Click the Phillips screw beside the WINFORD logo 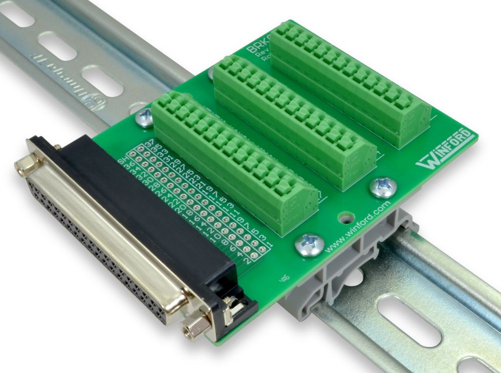[x=383, y=187]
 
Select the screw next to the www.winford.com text [x=309, y=244]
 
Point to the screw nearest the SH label [x=144, y=117]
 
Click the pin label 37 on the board [x=149, y=145]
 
